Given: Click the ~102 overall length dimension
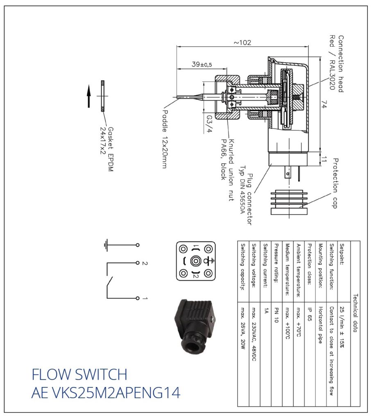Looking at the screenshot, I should click(x=243, y=43).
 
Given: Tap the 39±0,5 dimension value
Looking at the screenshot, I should click(x=202, y=65).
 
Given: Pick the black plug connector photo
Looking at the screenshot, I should click(x=195, y=325).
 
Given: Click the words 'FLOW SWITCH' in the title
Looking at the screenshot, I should click(x=79, y=374).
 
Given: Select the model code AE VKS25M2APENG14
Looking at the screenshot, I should click(x=105, y=393).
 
